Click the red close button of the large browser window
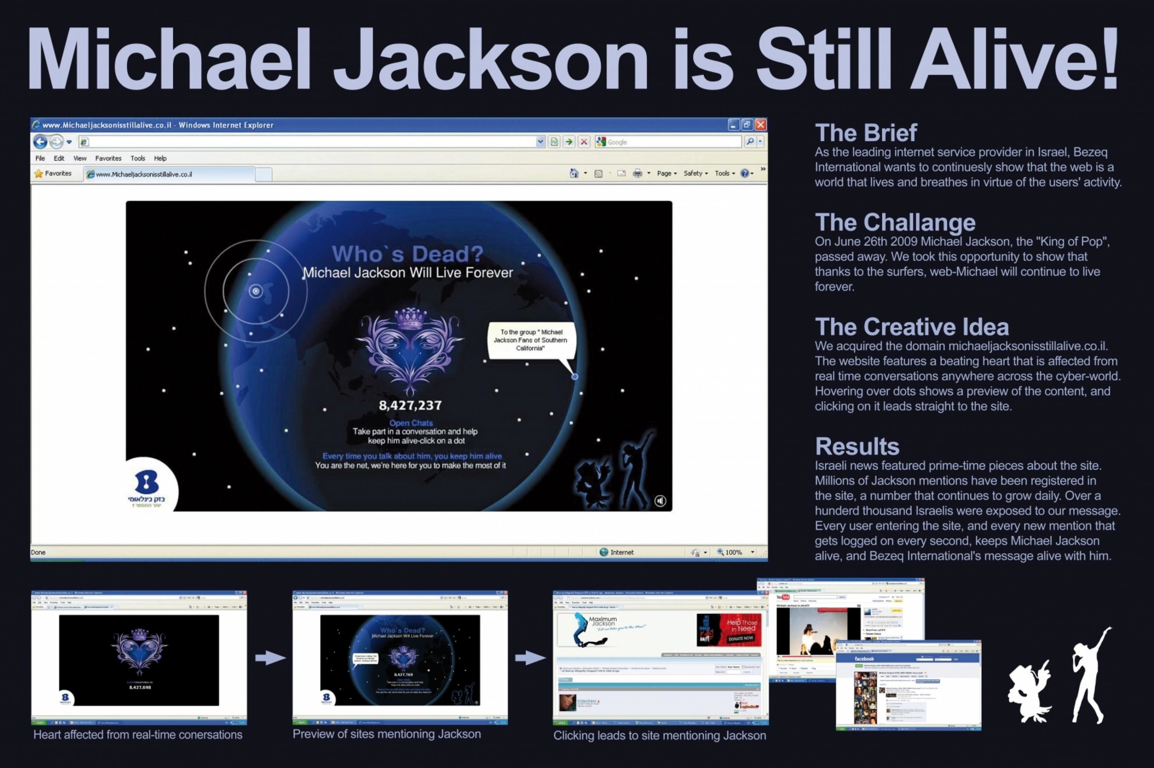[x=760, y=125]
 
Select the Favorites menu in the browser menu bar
[x=108, y=158]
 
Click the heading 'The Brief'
[x=865, y=133]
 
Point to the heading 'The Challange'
[x=895, y=223]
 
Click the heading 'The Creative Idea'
[x=911, y=327]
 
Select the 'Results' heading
[x=857, y=446]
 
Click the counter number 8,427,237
[x=410, y=406]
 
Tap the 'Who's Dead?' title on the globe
[x=407, y=254]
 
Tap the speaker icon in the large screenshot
[x=660, y=500]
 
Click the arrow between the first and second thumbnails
[x=270, y=658]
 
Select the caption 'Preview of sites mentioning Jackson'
[x=387, y=734]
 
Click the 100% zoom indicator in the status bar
[x=734, y=552]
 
